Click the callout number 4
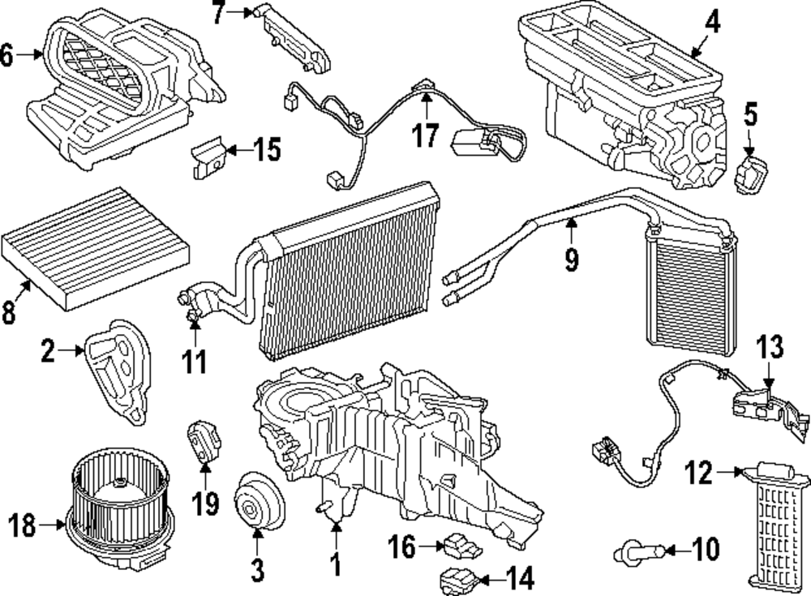711,22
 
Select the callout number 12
698,472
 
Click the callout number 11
194,362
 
